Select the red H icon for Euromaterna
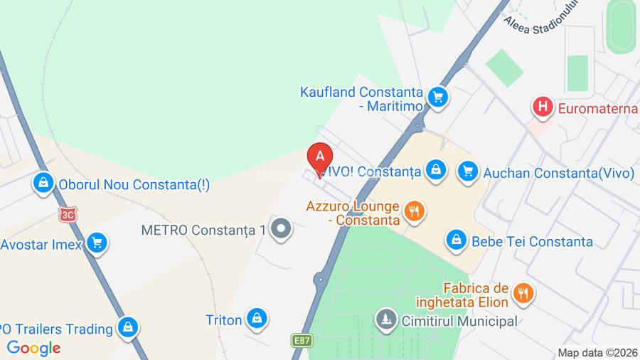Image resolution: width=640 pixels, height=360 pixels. coord(543,108)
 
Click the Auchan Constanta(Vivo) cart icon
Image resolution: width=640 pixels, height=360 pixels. coord(467,171)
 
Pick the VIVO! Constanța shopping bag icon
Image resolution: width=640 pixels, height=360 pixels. coord(435,170)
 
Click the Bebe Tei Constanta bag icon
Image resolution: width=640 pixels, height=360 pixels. coord(456,241)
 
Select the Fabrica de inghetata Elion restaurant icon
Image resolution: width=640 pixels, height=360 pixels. coord(523,293)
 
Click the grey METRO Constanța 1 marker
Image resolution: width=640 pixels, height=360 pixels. coord(282,229)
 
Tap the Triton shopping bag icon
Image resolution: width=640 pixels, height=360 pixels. coord(256,319)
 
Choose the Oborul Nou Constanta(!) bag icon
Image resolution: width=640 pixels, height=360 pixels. coord(44,184)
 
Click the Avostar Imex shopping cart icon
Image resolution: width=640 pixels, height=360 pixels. coord(97,244)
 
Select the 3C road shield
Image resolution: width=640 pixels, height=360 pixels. coord(68,213)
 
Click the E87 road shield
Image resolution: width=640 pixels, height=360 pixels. coord(301,341)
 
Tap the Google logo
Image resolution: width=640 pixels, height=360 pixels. coord(33,348)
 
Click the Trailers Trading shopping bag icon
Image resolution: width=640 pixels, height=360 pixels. coord(129,328)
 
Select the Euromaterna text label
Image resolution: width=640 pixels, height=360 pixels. coord(597,109)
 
